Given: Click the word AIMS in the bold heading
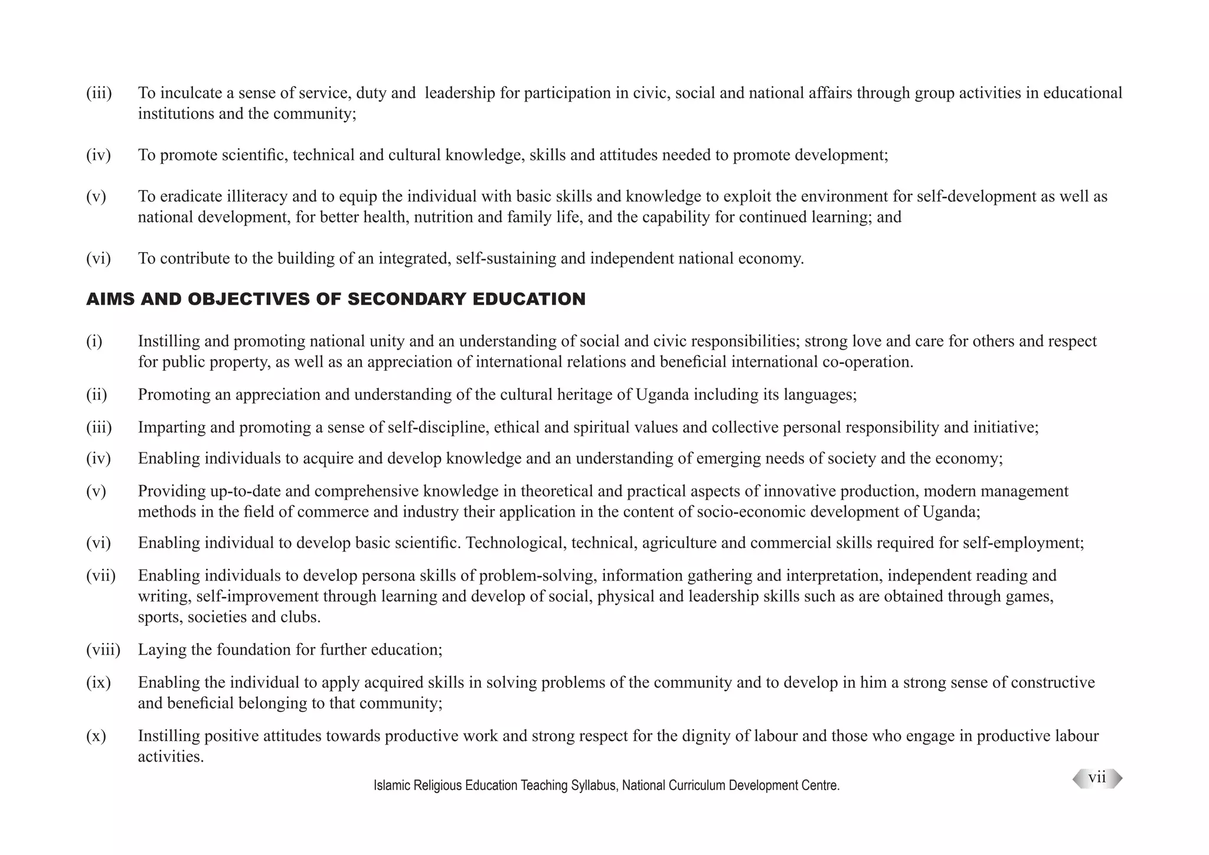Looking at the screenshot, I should tap(110, 299).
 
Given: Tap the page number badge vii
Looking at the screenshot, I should tap(1097, 778).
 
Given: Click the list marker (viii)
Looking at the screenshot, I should tap(103, 650).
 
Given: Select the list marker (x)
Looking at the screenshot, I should tap(96, 736).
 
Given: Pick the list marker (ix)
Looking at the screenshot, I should tap(98, 683).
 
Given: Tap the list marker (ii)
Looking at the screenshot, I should tap(97, 394).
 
